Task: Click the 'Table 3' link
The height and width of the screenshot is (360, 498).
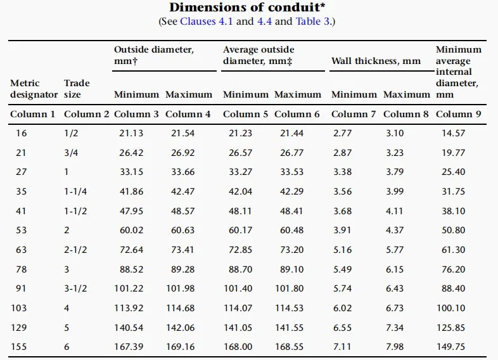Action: click(313, 22)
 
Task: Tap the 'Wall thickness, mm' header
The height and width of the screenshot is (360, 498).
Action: click(376, 61)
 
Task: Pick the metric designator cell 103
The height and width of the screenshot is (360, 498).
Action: click(22, 308)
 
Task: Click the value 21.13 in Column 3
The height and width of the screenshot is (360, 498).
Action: click(132, 133)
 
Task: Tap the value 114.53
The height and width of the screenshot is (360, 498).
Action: click(293, 308)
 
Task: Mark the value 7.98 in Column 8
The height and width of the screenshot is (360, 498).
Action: click(393, 347)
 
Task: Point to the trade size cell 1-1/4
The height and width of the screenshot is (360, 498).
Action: click(75, 191)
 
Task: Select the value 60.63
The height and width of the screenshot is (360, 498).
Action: click(184, 230)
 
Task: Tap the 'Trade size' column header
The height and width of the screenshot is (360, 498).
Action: click(77, 89)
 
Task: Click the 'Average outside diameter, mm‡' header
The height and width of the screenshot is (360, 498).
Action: click(259, 56)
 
